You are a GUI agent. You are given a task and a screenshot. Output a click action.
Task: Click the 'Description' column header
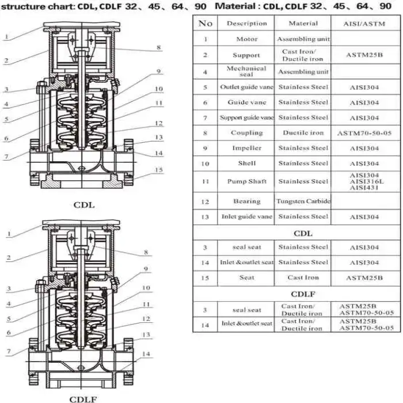click(x=246, y=24)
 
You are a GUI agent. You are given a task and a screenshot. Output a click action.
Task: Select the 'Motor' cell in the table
click(x=247, y=39)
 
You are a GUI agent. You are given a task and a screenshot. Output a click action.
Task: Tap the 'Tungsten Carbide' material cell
click(x=303, y=201)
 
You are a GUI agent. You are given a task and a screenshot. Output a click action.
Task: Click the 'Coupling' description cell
click(x=247, y=133)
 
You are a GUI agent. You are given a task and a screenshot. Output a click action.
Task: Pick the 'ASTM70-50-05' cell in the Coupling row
click(x=364, y=133)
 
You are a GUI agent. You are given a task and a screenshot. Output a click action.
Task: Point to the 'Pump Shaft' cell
click(x=247, y=181)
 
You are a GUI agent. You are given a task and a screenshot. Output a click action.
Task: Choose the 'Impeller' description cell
click(x=247, y=149)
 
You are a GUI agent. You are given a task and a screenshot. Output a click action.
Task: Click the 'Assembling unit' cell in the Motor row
click(x=303, y=39)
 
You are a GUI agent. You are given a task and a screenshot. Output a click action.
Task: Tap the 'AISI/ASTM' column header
click(x=364, y=24)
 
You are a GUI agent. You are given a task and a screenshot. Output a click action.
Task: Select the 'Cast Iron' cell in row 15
click(x=303, y=277)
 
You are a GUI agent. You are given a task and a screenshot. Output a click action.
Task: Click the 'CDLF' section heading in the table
click(x=303, y=294)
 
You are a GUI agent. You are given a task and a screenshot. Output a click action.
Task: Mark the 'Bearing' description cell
click(x=247, y=201)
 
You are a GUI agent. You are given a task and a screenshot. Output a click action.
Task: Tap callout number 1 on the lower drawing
click(x=9, y=234)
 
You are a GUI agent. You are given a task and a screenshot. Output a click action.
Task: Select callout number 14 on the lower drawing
click(x=147, y=354)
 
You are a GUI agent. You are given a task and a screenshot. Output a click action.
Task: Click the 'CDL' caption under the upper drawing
click(x=84, y=204)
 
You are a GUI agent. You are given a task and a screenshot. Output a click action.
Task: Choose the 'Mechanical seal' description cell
click(x=247, y=71)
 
